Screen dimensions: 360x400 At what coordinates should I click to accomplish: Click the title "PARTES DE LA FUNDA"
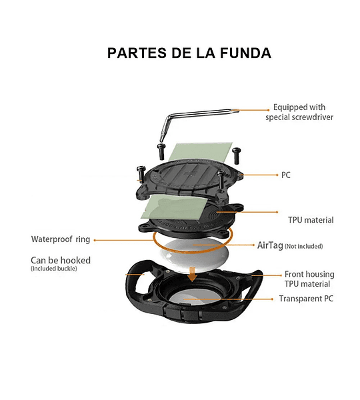pyautogui.click(x=189, y=53)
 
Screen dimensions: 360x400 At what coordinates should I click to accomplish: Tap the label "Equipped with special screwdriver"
pyautogui.click(x=299, y=112)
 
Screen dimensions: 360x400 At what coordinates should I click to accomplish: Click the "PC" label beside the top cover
pyautogui.click(x=286, y=175)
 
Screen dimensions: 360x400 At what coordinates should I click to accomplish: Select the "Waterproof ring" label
pyautogui.click(x=61, y=239)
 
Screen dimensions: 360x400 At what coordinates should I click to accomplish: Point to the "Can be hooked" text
pyautogui.click(x=61, y=260)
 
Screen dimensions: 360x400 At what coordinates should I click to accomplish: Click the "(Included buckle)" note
pyautogui.click(x=54, y=269)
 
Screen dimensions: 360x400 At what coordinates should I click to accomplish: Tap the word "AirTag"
pyautogui.click(x=270, y=245)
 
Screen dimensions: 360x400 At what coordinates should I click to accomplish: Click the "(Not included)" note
pyautogui.click(x=304, y=246)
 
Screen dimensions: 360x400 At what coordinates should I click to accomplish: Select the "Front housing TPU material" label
pyautogui.click(x=309, y=279)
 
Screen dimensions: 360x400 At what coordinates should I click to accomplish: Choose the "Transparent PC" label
pyautogui.click(x=306, y=299)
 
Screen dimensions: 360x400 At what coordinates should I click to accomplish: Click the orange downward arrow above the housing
pyautogui.click(x=193, y=275)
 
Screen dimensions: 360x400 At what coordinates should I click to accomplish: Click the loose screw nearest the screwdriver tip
pyautogui.click(x=161, y=152)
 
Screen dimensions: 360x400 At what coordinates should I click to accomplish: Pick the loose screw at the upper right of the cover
pyautogui.click(x=237, y=155)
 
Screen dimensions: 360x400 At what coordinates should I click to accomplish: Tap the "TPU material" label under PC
pyautogui.click(x=311, y=220)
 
